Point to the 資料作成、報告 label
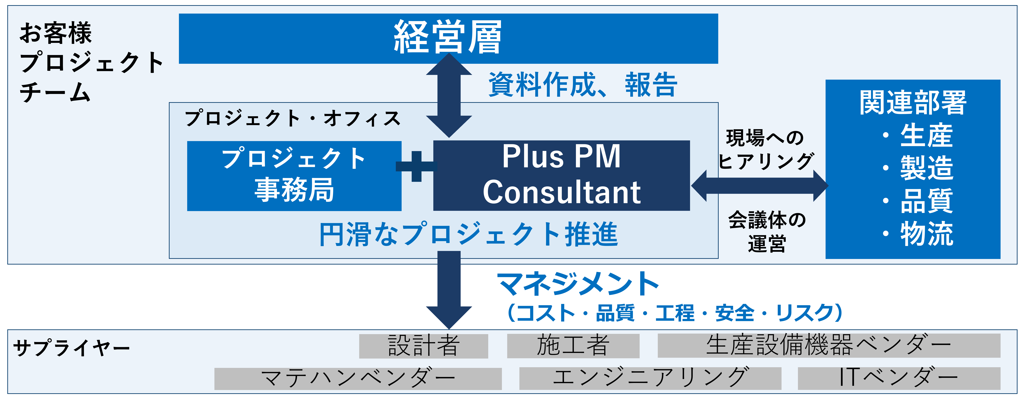pyautogui.click(x=583, y=85)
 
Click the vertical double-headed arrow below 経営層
pyautogui.click(x=449, y=95)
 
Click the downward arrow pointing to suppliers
pyautogui.click(x=449, y=290)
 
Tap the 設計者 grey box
pyautogui.click(x=423, y=346)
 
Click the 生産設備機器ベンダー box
pyautogui.click(x=829, y=346)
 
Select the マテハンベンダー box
pyautogui.click(x=358, y=379)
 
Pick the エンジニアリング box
pyautogui.click(x=650, y=378)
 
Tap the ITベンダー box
pyautogui.click(x=899, y=378)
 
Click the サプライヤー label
pyautogui.click(x=72, y=348)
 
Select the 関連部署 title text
pyautogui.click(x=913, y=103)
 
